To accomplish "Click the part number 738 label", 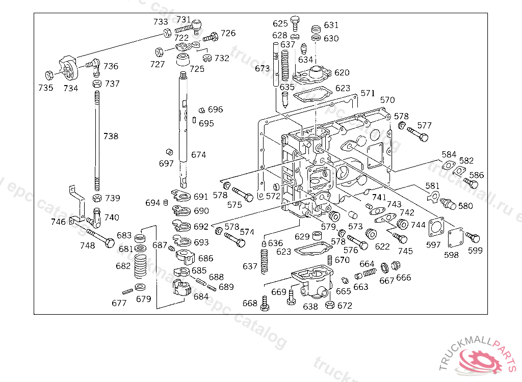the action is tap(111, 136).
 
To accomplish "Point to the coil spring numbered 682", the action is tap(140, 265).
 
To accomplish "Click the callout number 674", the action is tap(198, 155).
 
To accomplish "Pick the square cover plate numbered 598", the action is tap(455, 238).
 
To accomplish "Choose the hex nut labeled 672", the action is tap(330, 304).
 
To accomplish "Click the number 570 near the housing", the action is tap(387, 100).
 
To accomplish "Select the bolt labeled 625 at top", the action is tap(295, 23).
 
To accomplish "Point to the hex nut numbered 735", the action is tap(49, 75).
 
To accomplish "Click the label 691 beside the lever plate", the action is tap(201, 197).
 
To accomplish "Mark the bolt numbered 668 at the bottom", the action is tap(265, 303).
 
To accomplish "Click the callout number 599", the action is tap(475, 251).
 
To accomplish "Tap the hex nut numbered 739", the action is tap(97, 198).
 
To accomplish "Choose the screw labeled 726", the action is tap(211, 37).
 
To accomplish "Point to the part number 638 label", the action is tap(310, 307).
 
